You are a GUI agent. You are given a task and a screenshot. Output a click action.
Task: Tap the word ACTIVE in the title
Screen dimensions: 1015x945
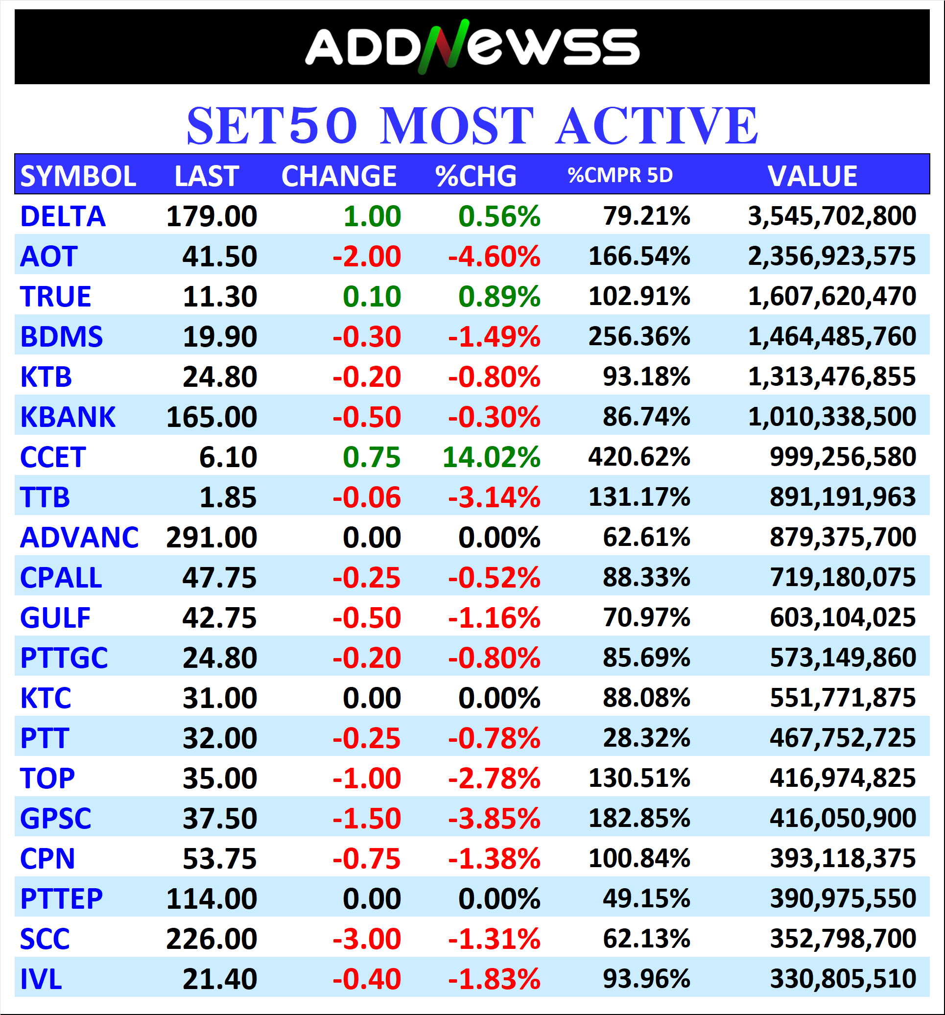pos(657,126)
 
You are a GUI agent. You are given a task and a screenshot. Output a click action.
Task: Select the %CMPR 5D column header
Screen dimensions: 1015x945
pos(620,175)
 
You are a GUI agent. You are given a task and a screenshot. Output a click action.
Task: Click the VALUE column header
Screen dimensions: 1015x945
pos(812,176)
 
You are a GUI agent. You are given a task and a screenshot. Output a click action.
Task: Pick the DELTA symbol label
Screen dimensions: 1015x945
pos(63,216)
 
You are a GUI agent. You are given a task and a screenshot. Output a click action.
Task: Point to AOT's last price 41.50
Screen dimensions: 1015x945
pos(219,256)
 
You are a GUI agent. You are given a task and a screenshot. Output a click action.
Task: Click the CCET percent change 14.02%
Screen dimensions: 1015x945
pos(491,457)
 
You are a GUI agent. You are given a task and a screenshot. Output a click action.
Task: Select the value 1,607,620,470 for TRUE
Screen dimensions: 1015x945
pos(832,297)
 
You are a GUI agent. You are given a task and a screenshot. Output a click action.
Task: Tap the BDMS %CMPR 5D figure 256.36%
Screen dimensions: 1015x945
pos(639,336)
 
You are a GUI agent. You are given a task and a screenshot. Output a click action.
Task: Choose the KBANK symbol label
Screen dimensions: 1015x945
pos(68,417)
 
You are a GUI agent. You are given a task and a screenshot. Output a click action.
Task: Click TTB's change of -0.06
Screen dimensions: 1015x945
pos(367,497)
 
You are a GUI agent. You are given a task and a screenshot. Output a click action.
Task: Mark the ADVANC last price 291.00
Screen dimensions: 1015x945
pos(212,538)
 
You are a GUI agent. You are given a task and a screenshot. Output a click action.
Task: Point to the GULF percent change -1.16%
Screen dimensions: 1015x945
pos(494,618)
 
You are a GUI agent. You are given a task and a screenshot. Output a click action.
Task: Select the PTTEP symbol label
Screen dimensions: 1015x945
pos(61,898)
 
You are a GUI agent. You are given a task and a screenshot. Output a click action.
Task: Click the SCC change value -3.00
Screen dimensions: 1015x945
pos(367,939)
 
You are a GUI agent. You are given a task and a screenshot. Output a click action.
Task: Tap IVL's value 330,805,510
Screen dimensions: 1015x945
pos(843,979)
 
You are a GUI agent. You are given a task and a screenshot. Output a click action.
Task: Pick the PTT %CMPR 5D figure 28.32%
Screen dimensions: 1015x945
pos(646,738)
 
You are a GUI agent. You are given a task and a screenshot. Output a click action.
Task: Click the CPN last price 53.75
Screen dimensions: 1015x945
pos(219,859)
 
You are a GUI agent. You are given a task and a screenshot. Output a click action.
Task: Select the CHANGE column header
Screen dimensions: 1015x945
pos(339,176)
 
